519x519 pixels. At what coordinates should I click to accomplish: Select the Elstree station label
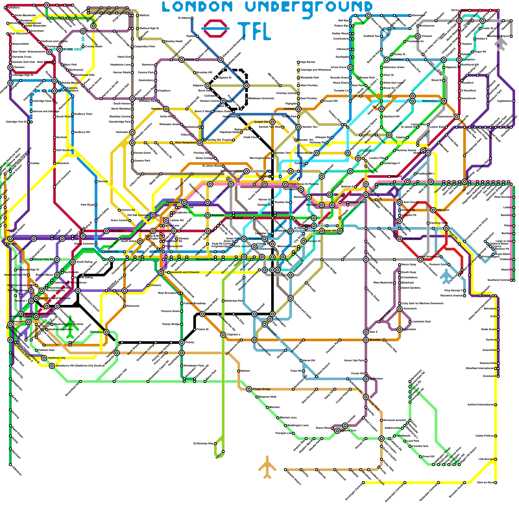190,60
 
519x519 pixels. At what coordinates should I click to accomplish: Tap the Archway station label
289,109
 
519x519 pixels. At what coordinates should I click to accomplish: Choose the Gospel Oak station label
261,122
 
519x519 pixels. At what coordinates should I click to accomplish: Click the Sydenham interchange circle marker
366,379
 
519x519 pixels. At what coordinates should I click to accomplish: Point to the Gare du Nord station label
485,483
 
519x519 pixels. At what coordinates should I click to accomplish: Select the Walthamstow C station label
431,101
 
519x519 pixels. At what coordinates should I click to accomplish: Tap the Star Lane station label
443,210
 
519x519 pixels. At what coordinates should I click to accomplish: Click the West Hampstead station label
185,143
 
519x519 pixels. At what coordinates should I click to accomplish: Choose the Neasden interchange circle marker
166,109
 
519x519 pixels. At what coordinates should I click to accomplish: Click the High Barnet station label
308,62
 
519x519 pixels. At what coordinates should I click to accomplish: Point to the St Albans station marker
192,18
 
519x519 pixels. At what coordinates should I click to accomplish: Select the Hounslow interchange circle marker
106,332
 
